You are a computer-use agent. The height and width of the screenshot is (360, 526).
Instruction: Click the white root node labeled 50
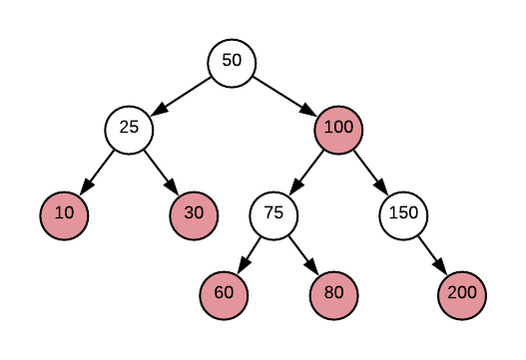(x=232, y=64)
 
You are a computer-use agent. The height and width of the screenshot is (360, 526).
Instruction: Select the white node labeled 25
(x=130, y=130)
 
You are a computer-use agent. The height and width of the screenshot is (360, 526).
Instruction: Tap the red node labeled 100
(x=338, y=130)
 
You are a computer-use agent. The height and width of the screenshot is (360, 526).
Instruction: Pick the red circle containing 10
(x=65, y=215)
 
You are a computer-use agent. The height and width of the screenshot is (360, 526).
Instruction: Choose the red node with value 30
(x=194, y=215)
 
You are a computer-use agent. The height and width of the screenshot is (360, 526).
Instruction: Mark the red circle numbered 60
(x=224, y=295)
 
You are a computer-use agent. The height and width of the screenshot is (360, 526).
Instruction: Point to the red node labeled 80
(x=333, y=295)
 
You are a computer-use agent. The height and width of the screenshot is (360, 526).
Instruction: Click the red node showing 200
(x=462, y=295)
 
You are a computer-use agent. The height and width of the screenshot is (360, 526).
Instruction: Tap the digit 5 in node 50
(x=227, y=60)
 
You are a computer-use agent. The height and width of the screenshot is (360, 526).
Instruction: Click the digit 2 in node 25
(x=125, y=127)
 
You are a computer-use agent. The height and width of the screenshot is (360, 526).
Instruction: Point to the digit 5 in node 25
(x=135, y=127)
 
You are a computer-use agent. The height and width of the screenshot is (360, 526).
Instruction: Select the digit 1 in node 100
(x=328, y=127)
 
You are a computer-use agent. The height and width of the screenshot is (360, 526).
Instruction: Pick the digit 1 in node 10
(x=59, y=212)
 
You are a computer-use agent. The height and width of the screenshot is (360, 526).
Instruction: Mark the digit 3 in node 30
(x=189, y=212)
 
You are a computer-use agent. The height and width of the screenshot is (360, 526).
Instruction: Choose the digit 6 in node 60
(x=219, y=292)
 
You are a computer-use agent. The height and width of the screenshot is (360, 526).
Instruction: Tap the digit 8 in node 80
(x=328, y=292)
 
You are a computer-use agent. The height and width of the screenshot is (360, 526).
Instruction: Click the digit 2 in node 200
(x=452, y=292)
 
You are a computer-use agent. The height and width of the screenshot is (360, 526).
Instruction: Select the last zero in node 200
(x=472, y=292)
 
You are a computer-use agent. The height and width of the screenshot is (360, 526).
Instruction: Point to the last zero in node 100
(x=348, y=127)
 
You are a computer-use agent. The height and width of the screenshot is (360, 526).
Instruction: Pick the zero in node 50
(x=237, y=60)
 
